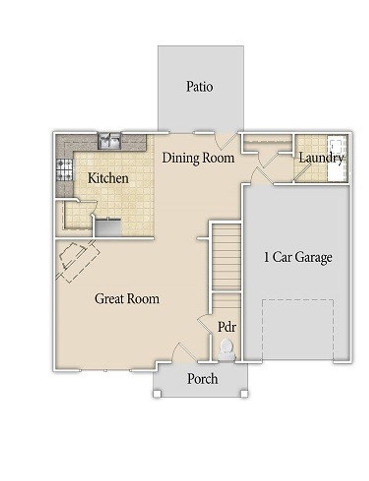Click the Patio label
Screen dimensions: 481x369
199,86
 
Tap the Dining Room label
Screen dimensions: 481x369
198,158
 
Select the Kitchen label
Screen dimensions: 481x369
108,178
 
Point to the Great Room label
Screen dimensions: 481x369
127,299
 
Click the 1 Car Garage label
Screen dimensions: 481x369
298,257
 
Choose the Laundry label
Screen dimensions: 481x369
321,158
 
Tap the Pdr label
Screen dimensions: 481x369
227,327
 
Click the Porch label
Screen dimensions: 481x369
202,379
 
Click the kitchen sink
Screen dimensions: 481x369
110,141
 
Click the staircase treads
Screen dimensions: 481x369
226,257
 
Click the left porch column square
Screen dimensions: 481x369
157,393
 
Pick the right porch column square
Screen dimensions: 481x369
244,393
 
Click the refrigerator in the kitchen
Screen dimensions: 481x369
107,228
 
